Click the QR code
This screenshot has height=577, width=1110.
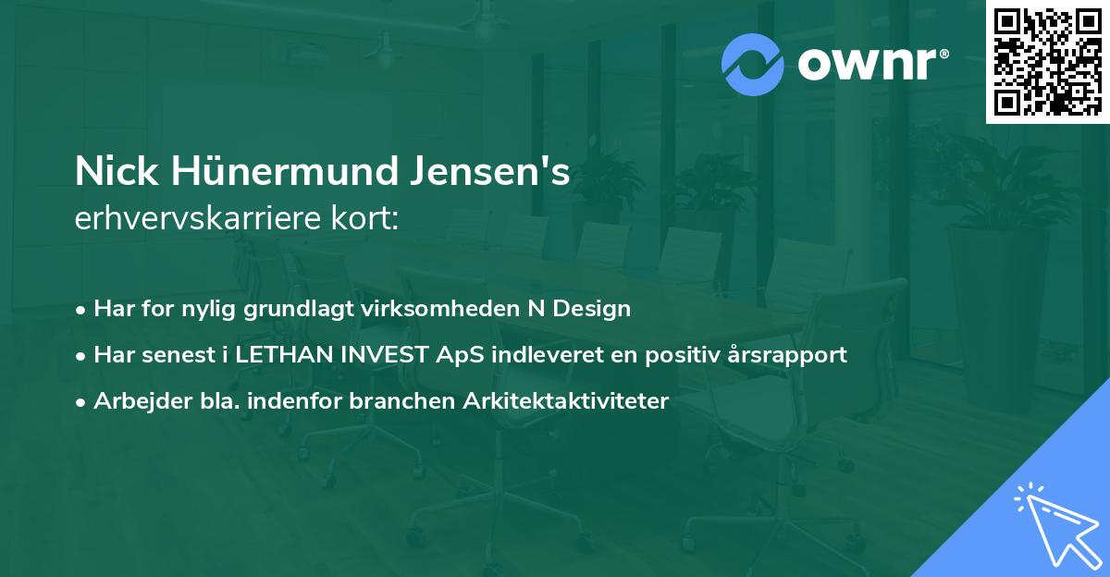pos(1048,61)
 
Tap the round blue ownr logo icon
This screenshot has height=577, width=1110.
pos(753,65)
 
